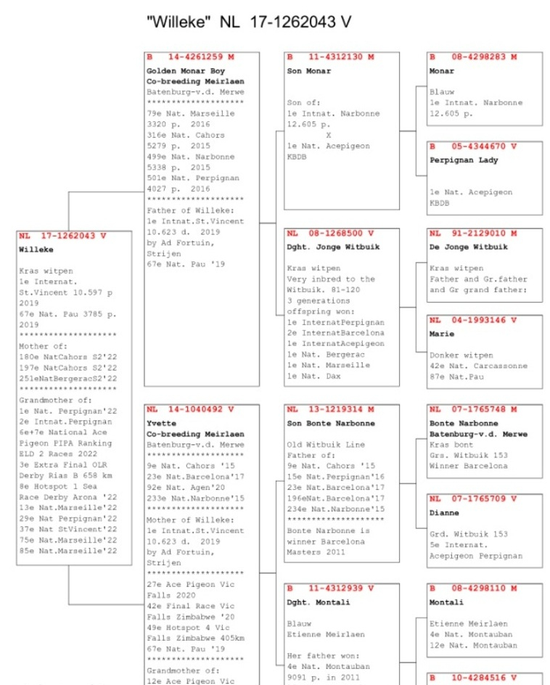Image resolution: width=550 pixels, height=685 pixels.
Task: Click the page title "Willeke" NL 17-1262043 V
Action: [x=249, y=22]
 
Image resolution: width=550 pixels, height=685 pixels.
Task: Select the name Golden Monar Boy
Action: [x=186, y=71]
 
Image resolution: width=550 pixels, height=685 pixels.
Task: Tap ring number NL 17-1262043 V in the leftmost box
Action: [x=63, y=236]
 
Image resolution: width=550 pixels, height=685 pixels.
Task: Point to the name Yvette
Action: [x=161, y=424]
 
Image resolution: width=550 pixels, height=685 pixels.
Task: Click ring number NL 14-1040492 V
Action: [x=191, y=409]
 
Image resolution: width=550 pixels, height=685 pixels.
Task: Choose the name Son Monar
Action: [x=308, y=71]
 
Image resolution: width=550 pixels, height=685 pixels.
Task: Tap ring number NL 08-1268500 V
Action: [x=331, y=234]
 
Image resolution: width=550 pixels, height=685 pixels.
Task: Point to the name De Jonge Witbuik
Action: [x=468, y=247]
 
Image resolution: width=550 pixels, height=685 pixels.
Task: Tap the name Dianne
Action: [x=444, y=513]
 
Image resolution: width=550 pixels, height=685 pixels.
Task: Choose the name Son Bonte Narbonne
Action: [x=331, y=423]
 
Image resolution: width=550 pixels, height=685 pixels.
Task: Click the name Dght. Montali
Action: [x=318, y=602]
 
